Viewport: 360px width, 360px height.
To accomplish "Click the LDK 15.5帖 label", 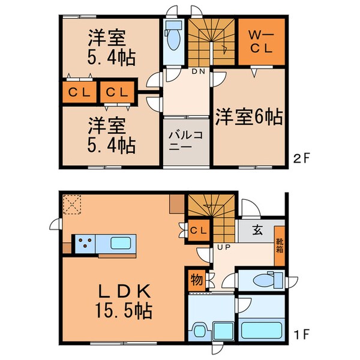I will coord(124,299).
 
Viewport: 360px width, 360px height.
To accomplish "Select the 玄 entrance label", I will coord(257,229).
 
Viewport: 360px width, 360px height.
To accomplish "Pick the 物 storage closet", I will coord(196,279).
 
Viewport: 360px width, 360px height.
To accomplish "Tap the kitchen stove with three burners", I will coord(83,244).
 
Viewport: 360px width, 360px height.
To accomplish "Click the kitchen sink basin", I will coord(124,244).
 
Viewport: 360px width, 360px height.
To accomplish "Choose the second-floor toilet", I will coord(173,37).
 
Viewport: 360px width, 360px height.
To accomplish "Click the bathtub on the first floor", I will coord(263,329).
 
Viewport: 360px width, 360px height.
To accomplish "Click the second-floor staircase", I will coord(211,42).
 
